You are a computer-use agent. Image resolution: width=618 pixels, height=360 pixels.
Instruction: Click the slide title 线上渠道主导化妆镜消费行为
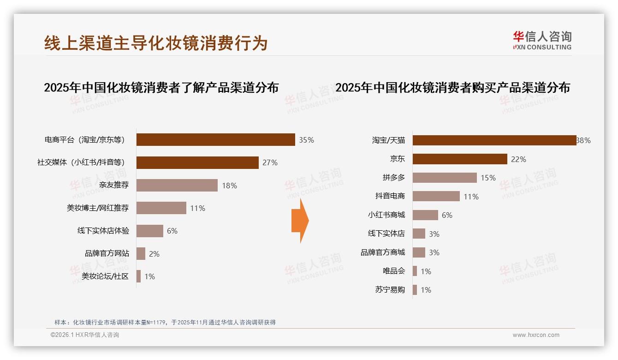coord(156,43)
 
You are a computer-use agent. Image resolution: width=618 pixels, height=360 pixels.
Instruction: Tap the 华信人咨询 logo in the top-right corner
coord(542,40)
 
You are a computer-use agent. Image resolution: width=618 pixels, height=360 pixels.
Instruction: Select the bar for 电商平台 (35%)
coord(215,140)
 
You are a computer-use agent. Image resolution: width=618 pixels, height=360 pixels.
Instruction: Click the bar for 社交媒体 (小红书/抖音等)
coord(197,162)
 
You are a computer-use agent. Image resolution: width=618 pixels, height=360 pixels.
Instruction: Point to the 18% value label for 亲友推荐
coord(229,186)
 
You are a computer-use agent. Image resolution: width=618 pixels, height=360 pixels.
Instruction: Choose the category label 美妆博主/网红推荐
coord(98,208)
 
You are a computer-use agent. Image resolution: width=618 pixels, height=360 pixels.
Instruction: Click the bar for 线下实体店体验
coord(150,231)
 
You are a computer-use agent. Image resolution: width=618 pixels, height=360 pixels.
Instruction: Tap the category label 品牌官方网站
coord(107,253)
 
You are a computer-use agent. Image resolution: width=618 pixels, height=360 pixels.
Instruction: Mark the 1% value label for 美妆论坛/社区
coord(149,276)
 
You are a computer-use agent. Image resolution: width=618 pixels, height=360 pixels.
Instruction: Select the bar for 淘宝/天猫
coord(494,140)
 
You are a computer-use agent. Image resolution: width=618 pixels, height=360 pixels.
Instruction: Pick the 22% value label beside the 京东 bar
coord(518,159)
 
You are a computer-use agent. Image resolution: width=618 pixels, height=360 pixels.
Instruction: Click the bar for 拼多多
coord(445,178)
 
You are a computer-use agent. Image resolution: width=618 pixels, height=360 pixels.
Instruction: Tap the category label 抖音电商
coord(390,196)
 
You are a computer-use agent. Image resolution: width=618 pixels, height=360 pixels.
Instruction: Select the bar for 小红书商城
coord(425,215)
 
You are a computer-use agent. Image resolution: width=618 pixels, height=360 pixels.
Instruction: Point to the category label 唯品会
coord(394,271)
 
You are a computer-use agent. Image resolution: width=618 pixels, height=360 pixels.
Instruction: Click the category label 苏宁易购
coord(390,290)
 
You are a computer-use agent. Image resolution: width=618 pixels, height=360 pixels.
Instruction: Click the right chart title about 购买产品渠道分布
coord(452,88)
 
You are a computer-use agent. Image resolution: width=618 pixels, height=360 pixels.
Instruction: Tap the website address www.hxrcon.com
coord(536,335)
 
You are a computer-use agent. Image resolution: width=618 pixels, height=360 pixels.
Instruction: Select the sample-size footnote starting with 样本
coord(165,322)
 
